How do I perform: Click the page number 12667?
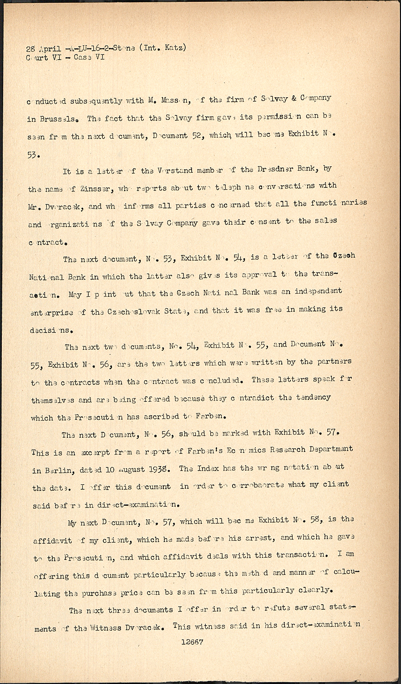(192, 641)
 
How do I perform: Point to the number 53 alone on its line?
(34, 154)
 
